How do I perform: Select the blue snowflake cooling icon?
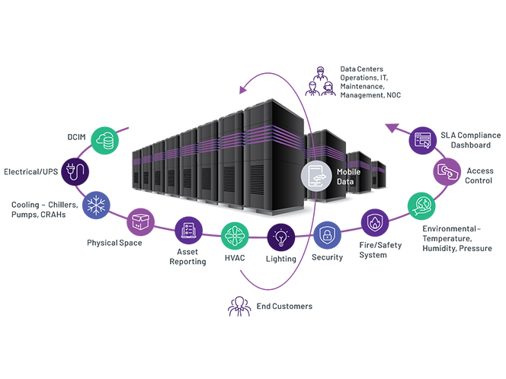96,205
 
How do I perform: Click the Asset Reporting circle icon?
188,231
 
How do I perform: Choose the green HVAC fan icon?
235,237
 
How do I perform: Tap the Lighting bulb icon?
281,237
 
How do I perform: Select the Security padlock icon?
328,234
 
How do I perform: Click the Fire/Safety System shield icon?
374,223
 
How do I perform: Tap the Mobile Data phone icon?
315,176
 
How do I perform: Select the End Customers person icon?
239,306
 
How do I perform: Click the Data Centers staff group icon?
320,79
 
